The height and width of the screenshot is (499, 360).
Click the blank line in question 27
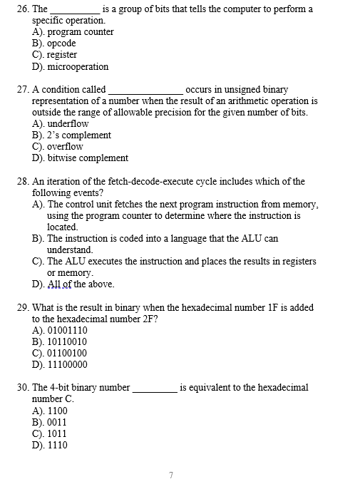coord(145,93)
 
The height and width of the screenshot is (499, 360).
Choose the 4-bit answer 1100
coord(57,411)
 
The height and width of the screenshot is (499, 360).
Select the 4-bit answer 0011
coord(57,423)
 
